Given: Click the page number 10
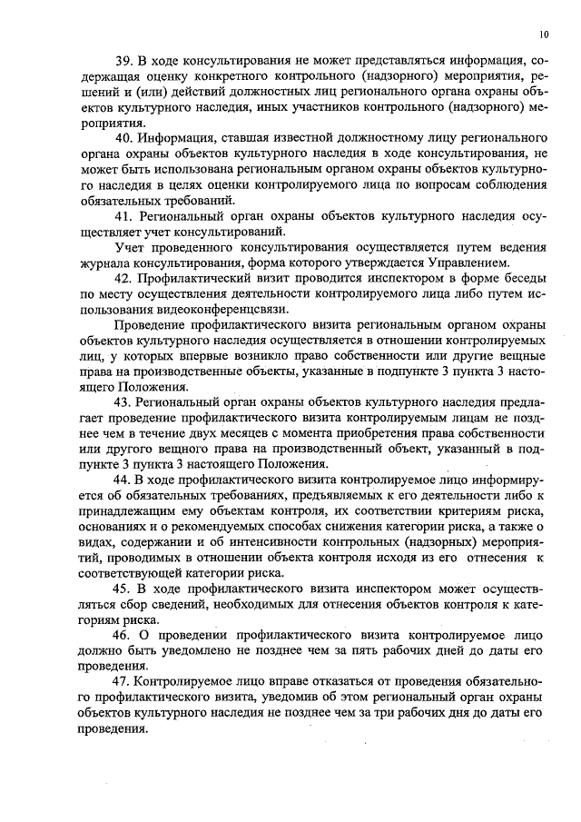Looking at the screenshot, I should pyautogui.click(x=543, y=35).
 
